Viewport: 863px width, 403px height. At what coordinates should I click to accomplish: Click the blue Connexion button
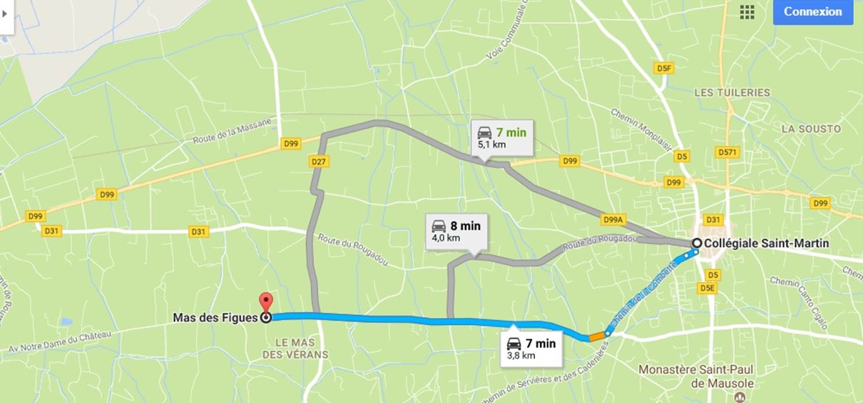pos(812,12)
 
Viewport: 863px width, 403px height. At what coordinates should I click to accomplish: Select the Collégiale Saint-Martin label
pos(766,244)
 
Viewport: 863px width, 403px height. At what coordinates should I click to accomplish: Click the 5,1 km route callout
pos(502,138)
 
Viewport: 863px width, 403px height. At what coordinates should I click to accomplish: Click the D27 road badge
pos(319,162)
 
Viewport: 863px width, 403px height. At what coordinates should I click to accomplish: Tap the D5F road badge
pos(665,69)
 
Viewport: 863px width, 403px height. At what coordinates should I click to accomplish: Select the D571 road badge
pos(728,152)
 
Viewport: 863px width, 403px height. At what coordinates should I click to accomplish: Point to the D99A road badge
pos(613,219)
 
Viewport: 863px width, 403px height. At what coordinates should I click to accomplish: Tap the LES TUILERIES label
pos(732,93)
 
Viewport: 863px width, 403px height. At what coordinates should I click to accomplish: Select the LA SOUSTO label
pos(811,129)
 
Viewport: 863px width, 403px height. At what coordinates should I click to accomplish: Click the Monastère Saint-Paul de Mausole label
pos(696,375)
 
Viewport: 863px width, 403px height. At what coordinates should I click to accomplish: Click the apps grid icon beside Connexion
pos(747,12)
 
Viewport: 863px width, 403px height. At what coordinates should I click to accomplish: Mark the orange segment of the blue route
pos(596,336)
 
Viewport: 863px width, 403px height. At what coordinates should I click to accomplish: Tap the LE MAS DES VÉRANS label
pos(295,348)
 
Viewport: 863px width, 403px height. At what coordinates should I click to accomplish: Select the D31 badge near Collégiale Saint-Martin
pos(713,219)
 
